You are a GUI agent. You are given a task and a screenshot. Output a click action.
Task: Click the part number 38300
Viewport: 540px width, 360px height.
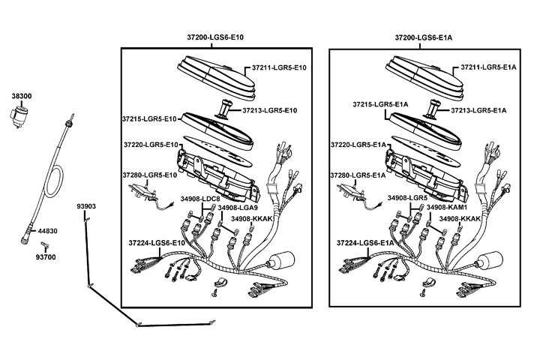[21, 97]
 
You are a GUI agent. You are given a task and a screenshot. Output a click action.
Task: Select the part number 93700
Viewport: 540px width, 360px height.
[46, 257]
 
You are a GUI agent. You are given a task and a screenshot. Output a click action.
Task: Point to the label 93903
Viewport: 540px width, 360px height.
[86, 205]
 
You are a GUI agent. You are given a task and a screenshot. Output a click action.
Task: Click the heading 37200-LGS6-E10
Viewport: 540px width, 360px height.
[215, 37]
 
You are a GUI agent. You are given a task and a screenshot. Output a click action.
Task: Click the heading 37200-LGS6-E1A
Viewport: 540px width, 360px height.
[424, 37]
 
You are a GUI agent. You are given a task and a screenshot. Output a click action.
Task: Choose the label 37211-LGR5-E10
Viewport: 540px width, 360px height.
[278, 67]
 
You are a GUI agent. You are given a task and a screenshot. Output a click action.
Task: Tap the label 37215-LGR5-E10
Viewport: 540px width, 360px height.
[148, 118]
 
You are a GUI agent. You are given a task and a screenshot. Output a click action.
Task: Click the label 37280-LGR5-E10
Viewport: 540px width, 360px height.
[149, 175]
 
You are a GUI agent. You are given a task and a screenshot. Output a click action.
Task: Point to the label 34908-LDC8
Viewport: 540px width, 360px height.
[200, 199]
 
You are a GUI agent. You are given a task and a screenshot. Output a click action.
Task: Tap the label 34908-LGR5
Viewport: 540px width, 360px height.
[407, 199]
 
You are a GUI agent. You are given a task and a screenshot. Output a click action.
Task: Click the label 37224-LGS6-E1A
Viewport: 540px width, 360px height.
[365, 244]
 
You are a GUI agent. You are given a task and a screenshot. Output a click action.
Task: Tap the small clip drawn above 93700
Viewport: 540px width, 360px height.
[46, 245]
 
